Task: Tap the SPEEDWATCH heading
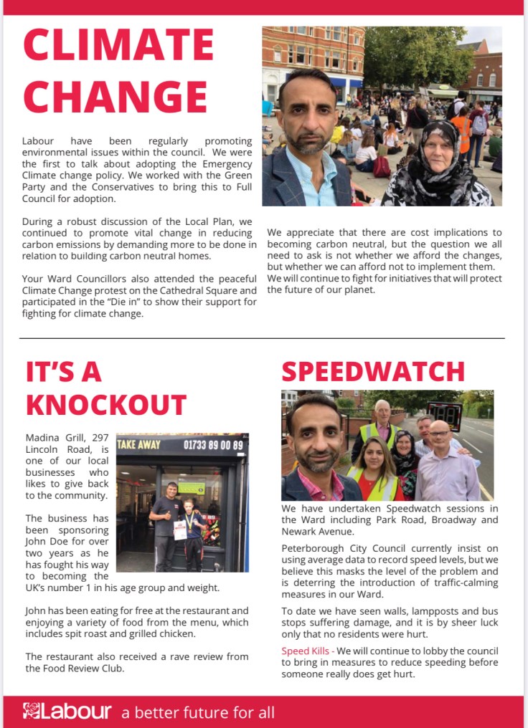point(373,371)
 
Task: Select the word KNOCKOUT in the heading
point(106,404)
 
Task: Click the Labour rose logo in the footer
point(32,712)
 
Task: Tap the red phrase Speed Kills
point(305,651)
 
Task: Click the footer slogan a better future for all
point(198,712)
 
